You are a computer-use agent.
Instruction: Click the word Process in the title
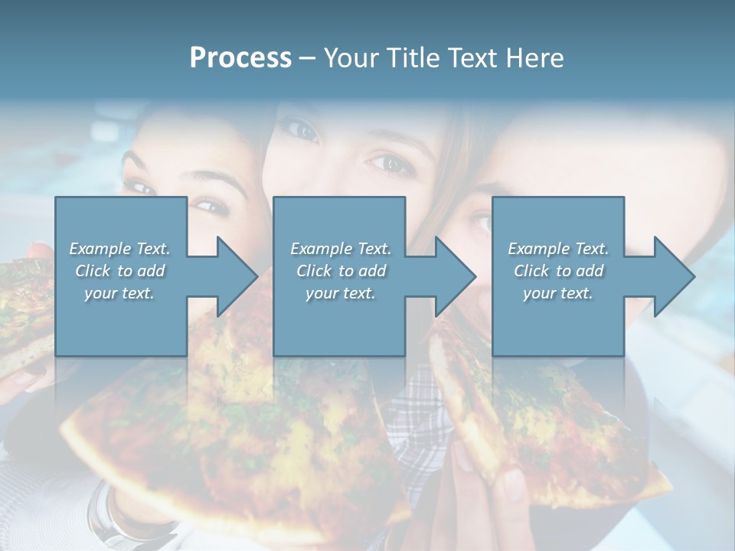pos(240,58)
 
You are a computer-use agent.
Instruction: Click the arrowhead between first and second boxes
pos(234,276)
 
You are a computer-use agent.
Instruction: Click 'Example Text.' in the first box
pos(119,249)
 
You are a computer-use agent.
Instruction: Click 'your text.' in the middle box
pos(340,293)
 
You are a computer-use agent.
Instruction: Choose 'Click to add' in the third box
pos(558,271)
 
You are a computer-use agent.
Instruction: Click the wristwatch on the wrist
pos(107,513)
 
